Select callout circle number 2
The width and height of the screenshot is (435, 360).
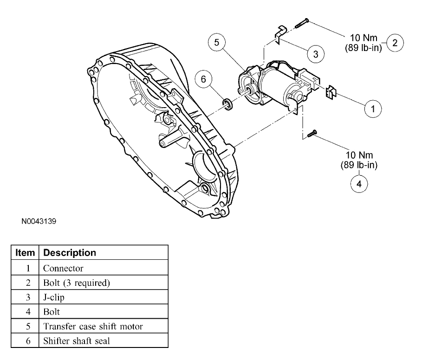pyautogui.click(x=395, y=43)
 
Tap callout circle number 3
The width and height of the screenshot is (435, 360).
pyautogui.click(x=315, y=54)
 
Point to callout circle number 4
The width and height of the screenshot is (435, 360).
pyautogui.click(x=358, y=183)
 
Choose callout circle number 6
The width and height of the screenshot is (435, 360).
pyautogui.click(x=203, y=79)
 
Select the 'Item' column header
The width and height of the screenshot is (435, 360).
pyautogui.click(x=25, y=253)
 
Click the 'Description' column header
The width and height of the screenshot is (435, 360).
pyautogui.click(x=70, y=253)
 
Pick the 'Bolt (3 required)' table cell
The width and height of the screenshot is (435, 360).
pyautogui.click(x=77, y=283)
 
